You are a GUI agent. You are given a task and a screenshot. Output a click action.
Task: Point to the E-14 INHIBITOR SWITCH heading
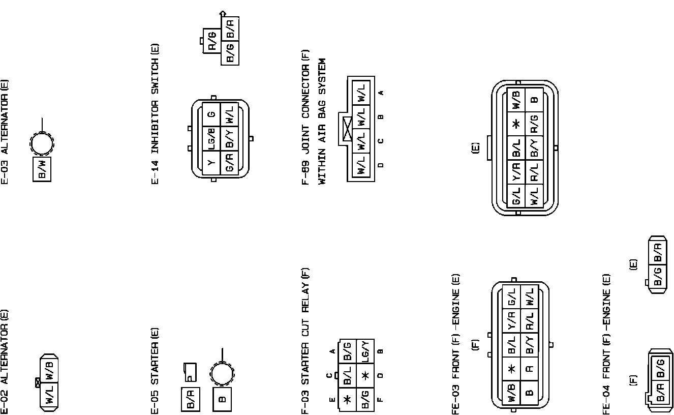(x=156, y=114)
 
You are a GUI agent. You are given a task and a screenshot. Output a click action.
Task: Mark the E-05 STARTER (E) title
(x=156, y=370)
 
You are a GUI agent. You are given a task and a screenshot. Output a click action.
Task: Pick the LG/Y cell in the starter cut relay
(x=365, y=351)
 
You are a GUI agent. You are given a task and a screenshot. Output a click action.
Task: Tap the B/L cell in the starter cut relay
(x=348, y=375)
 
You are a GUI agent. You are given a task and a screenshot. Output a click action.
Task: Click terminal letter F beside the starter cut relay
(x=380, y=399)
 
